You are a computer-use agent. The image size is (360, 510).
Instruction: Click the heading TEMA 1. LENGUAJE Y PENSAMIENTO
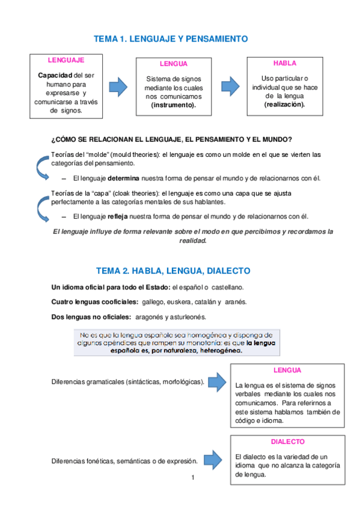click(x=171, y=38)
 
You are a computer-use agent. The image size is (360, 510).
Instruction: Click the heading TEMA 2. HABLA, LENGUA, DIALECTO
click(x=173, y=271)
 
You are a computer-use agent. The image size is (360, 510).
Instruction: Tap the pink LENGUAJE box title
click(x=66, y=60)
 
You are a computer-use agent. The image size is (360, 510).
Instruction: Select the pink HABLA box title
click(x=284, y=63)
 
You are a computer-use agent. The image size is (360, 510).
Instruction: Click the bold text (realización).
click(x=284, y=104)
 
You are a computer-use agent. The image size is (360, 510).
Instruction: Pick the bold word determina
click(x=123, y=179)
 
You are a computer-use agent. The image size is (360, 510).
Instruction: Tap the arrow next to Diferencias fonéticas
click(x=213, y=459)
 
